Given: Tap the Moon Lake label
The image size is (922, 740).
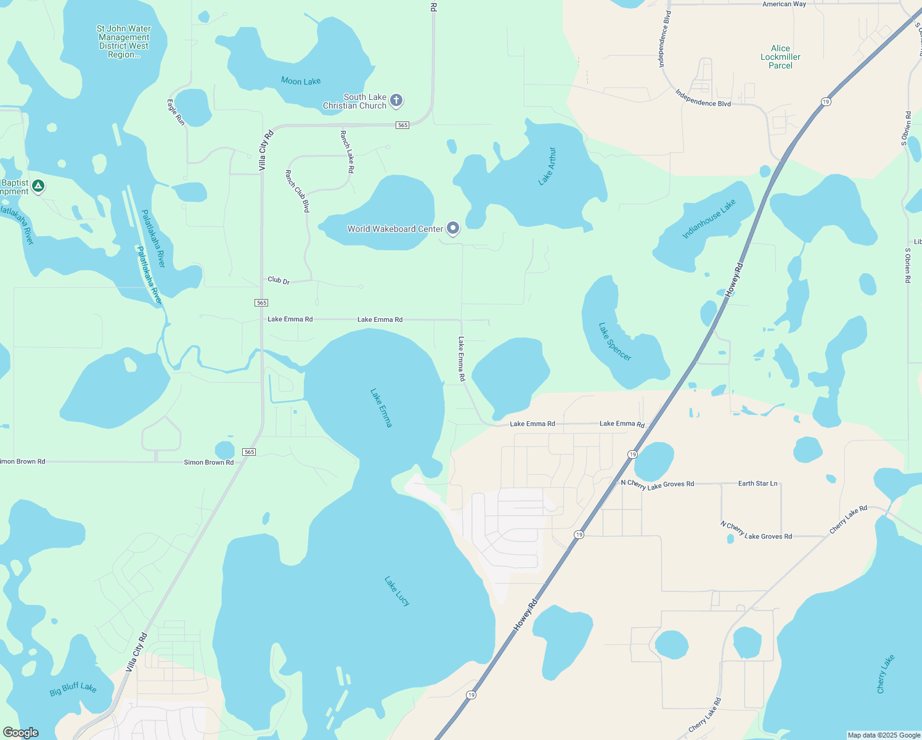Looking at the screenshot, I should [301, 81].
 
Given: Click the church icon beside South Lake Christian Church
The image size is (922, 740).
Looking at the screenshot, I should [396, 100].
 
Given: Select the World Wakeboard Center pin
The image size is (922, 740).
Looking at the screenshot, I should [453, 228].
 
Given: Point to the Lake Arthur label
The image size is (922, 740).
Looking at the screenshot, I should [547, 166].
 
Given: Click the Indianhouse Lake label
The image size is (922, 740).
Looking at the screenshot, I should [709, 220].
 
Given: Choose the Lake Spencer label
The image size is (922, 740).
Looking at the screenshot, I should [615, 342].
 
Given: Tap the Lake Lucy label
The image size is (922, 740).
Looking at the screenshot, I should [397, 591].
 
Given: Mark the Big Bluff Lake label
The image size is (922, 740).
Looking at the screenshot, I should [73, 689].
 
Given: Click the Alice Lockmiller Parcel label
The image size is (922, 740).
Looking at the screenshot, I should [780, 57].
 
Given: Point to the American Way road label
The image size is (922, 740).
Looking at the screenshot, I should [784, 4].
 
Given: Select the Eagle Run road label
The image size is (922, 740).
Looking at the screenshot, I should [176, 112].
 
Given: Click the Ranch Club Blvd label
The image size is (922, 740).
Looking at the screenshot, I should [297, 191].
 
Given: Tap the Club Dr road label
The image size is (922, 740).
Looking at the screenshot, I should [279, 281].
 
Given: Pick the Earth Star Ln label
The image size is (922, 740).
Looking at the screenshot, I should [757, 483].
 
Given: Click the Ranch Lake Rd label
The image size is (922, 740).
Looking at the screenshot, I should [347, 151].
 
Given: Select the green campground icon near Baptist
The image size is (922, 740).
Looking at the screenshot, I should [38, 186].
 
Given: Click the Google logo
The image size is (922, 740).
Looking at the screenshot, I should [20, 733].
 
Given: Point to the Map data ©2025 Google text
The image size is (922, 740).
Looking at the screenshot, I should [884, 735].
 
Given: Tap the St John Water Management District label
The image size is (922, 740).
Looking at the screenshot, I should [124, 41].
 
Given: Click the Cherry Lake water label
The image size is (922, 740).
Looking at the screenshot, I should [885, 674].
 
